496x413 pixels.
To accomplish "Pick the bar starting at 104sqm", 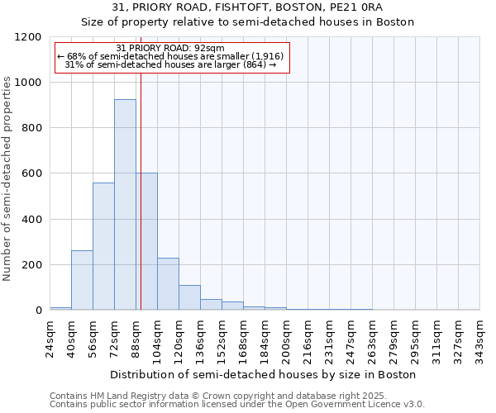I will point(168,284).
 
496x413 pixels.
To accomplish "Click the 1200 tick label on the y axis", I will point(27,37).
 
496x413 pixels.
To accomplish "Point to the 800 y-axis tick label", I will point(31,128).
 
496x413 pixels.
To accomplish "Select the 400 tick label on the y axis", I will point(31,220).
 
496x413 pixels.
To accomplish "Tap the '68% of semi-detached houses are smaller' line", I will point(171,56).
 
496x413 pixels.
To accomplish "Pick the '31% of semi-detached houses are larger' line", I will point(169,64).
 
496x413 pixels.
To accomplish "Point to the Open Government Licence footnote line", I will point(237,405).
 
